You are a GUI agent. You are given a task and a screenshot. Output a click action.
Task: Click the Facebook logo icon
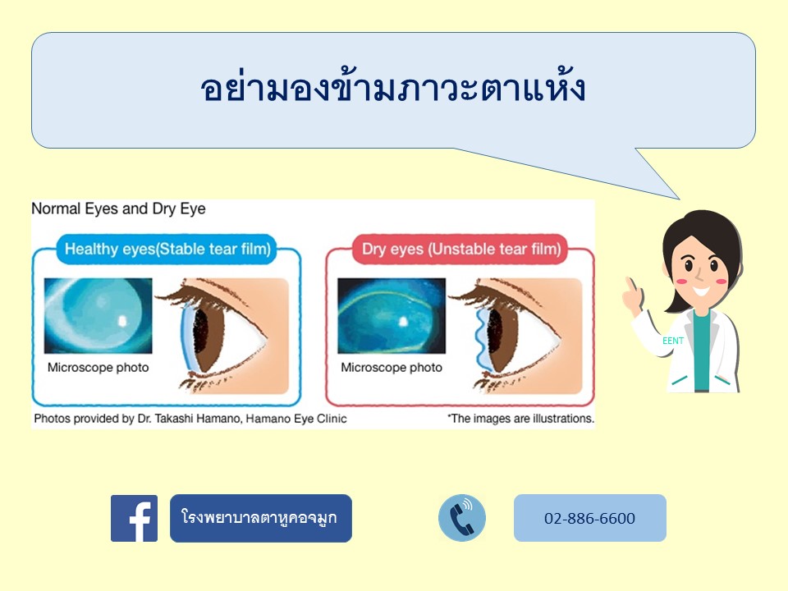(x=134, y=518)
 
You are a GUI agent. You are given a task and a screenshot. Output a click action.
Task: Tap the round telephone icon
(x=462, y=518)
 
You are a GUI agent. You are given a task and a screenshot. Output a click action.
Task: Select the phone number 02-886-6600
(x=589, y=518)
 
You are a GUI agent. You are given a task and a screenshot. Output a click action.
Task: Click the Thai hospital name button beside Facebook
(x=261, y=518)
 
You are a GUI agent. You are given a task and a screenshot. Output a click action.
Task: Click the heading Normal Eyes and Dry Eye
(x=118, y=208)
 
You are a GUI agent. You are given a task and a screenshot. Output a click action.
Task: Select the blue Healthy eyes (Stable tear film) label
(x=167, y=249)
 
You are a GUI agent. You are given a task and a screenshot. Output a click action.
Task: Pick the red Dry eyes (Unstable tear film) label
(x=460, y=249)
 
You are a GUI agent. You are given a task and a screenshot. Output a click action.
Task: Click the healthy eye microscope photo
(x=98, y=315)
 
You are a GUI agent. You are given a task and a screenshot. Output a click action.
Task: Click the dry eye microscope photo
(x=392, y=315)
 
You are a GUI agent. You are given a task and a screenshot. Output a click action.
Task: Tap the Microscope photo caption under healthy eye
(x=98, y=368)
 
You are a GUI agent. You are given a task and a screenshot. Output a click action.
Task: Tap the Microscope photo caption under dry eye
(x=392, y=368)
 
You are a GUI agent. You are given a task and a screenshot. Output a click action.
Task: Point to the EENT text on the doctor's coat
(x=673, y=341)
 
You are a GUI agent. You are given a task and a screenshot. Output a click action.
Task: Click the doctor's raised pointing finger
(x=629, y=286)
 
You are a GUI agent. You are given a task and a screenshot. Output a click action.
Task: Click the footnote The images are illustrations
(x=520, y=419)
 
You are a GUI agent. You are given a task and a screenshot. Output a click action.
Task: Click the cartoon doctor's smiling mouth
(x=702, y=291)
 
